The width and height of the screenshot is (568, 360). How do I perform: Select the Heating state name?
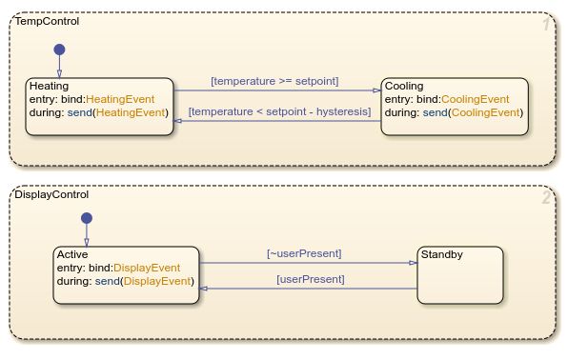click(50, 86)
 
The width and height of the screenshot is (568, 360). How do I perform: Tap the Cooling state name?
click(404, 86)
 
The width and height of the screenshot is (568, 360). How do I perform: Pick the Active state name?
click(72, 255)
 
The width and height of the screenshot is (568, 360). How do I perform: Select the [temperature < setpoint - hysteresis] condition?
click(279, 112)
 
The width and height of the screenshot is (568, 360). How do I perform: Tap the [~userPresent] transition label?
click(304, 252)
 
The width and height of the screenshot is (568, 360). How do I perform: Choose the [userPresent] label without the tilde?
click(310, 279)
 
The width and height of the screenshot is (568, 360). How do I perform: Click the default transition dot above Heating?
click(59, 49)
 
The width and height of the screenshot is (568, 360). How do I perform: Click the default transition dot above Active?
click(87, 218)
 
